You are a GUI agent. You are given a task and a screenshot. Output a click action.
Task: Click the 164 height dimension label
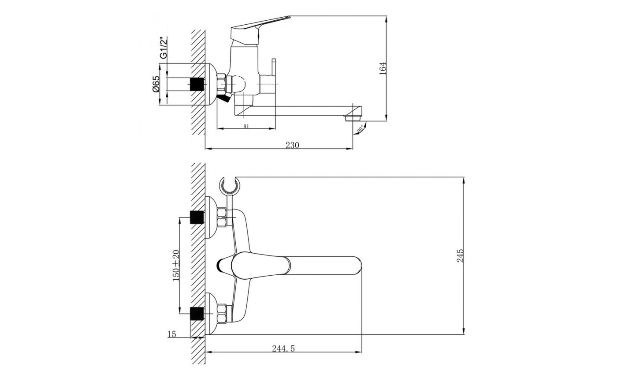(383, 67)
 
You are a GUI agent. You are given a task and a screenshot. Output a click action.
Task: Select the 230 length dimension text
(292, 145)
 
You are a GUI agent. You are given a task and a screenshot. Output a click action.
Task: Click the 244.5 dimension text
(283, 349)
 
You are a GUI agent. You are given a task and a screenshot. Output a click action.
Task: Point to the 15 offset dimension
(172, 334)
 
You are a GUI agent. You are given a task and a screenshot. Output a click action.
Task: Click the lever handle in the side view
(260, 26)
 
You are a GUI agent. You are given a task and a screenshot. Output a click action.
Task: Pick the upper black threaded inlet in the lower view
(197, 217)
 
